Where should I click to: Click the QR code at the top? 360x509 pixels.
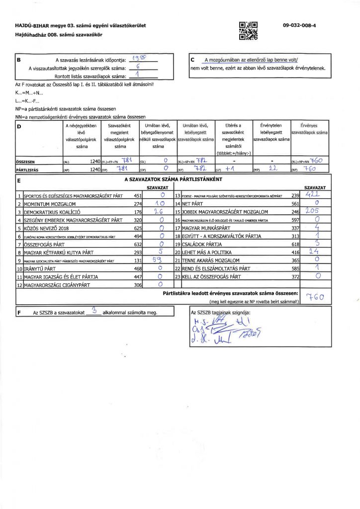[249, 31]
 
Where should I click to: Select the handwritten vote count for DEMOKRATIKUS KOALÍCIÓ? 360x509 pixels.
[160, 211]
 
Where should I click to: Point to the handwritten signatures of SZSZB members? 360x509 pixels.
[224, 331]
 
